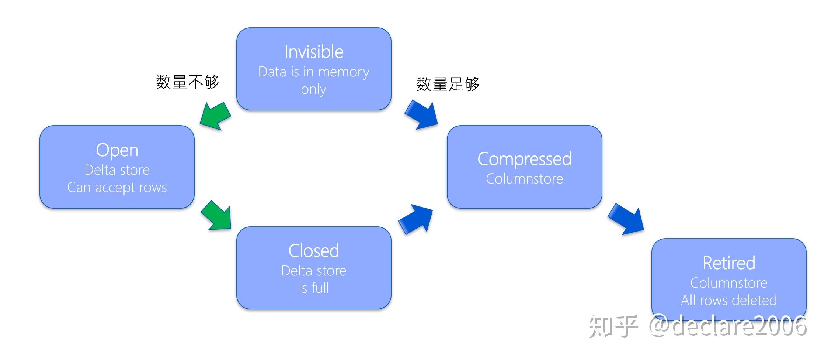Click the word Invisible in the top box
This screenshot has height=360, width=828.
click(x=314, y=52)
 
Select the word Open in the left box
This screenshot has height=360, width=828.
click(x=117, y=150)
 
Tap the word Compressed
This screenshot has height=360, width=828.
click(x=524, y=159)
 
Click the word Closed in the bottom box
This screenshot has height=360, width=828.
click(x=314, y=251)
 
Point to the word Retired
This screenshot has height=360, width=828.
click(x=728, y=263)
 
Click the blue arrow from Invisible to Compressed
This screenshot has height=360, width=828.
click(x=422, y=114)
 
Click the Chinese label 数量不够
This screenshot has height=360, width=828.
click(x=187, y=82)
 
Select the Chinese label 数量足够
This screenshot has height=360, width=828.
click(x=448, y=84)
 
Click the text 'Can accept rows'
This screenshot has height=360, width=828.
click(x=117, y=188)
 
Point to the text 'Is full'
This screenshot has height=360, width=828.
click(x=314, y=288)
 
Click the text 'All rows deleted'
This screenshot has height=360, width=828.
click(x=728, y=300)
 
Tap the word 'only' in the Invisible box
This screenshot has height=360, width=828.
click(x=313, y=89)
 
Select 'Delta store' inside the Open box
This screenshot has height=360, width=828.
click(x=117, y=170)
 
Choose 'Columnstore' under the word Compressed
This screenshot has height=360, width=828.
click(x=524, y=179)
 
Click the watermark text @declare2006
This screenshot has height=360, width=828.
click(x=728, y=326)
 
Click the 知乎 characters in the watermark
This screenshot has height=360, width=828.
click(x=613, y=326)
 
